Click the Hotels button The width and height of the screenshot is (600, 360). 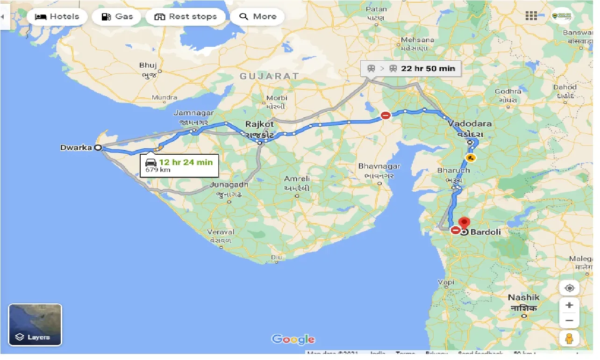(x=57, y=17)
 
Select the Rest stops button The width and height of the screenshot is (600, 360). (x=186, y=17)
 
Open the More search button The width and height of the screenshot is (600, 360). (x=257, y=17)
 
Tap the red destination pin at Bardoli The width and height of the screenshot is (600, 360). (x=464, y=223)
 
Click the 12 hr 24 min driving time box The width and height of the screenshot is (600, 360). (x=179, y=166)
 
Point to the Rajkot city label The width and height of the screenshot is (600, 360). (x=259, y=124)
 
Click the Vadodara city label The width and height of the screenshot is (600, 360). (x=470, y=124)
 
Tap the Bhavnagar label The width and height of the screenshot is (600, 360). (x=379, y=166)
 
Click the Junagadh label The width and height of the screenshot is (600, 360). (x=229, y=185)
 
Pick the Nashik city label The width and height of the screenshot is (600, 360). (x=524, y=298)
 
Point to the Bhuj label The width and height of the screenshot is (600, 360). (x=148, y=65)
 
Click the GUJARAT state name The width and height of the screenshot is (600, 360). (x=269, y=76)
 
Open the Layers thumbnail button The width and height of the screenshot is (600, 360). (x=35, y=324)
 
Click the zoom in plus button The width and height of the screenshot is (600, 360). (x=569, y=305)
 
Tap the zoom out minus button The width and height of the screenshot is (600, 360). (x=569, y=321)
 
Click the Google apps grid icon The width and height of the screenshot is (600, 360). (x=531, y=16)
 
